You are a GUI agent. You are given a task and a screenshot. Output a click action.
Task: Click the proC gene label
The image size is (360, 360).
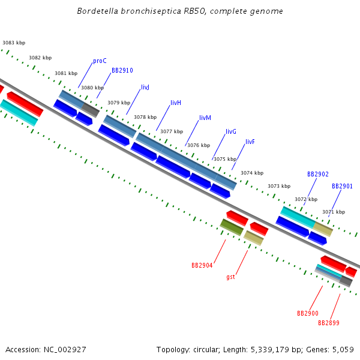point(100,61)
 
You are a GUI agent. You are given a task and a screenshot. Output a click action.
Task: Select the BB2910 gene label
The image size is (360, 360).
point(122,70)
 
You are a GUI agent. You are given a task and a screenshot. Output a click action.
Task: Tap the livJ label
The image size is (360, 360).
point(145,88)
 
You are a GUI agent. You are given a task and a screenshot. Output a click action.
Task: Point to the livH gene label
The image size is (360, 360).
point(176,103)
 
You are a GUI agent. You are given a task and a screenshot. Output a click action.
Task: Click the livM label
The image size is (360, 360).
point(205,118)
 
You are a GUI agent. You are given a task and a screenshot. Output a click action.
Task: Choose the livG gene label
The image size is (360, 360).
point(231,131)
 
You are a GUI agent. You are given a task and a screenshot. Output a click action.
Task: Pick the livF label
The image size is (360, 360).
point(250,142)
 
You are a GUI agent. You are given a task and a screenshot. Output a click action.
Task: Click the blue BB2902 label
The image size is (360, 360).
point(318,174)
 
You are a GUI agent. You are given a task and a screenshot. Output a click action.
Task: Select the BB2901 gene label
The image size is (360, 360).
point(343,186)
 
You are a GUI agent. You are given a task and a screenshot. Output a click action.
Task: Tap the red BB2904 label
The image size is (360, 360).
point(202,265)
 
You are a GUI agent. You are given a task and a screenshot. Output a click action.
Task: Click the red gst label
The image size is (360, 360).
point(230,277)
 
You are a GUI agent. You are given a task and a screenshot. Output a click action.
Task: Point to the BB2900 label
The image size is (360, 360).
point(308,313)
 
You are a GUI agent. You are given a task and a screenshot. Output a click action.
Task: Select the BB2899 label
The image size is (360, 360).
point(329,323)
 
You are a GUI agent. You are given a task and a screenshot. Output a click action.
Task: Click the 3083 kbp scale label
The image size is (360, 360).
point(14,43)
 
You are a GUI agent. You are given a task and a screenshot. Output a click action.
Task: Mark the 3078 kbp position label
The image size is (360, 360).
point(145,117)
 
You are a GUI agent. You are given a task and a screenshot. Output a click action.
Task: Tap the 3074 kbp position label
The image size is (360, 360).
point(252,173)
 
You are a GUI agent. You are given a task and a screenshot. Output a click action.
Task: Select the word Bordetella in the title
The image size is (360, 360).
point(97,11)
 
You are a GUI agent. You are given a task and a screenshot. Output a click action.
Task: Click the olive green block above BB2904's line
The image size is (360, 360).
point(232,227)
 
